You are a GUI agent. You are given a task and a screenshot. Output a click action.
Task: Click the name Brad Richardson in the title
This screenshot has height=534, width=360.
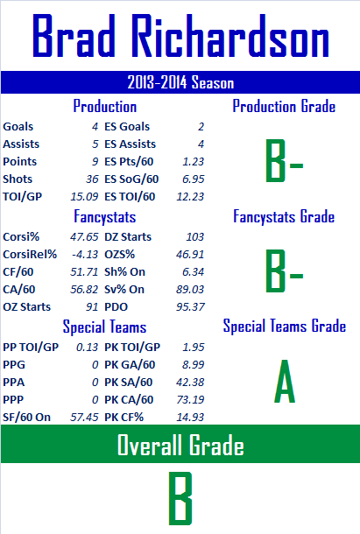180,36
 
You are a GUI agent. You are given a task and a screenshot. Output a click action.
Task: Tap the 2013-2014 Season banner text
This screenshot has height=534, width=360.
180,82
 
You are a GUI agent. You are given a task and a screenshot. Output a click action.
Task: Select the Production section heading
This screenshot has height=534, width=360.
105,106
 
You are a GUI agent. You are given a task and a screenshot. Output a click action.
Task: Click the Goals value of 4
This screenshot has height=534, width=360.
95,127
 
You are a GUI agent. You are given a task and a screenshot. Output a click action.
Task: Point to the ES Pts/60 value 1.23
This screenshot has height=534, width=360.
194,161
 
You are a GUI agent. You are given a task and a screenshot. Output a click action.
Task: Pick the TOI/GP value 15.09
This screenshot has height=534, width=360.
84,196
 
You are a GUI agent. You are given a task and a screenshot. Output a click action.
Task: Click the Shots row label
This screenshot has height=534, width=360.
18,179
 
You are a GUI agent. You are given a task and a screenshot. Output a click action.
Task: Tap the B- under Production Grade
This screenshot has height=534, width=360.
284,161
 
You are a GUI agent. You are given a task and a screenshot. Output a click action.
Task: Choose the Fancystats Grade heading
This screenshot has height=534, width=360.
284,216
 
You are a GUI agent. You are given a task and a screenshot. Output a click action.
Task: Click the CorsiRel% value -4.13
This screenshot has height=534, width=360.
85,255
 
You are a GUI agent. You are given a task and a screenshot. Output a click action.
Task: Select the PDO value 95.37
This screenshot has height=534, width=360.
190,307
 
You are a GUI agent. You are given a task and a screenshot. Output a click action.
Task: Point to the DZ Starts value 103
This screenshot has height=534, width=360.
195,236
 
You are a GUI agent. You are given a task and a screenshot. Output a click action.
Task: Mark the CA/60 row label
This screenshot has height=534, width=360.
18,290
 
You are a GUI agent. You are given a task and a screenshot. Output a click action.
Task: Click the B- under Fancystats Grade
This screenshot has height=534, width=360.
284,271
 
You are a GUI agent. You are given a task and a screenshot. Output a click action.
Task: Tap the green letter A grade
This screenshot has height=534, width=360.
285,382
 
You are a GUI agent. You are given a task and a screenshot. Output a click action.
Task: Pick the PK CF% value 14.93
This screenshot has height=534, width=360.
190,418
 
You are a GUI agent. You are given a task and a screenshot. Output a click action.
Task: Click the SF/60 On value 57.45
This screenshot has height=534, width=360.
84,418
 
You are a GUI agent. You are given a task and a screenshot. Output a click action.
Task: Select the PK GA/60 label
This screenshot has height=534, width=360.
130,365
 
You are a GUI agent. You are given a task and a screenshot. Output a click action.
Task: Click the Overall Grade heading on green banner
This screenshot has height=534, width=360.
180,445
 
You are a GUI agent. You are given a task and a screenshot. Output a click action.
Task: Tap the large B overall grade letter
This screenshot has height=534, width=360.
180,498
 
